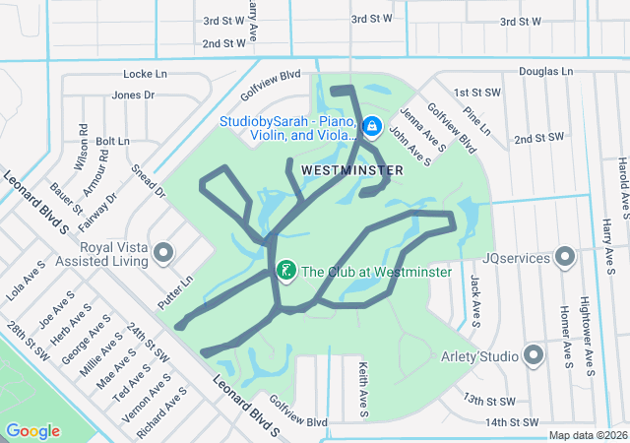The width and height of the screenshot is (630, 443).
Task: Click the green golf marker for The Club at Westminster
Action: point(285,270)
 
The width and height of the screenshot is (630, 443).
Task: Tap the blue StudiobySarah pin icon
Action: point(372,127)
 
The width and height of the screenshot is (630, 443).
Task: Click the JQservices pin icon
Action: point(564,258)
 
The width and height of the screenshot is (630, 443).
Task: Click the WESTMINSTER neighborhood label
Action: point(351,170)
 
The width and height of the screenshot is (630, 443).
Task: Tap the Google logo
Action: point(32,431)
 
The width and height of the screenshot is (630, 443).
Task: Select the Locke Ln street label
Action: point(147,74)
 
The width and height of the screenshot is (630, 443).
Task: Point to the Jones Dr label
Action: point(134,95)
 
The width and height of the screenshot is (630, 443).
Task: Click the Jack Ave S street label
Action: point(475,300)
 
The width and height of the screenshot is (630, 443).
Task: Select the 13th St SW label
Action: point(489,401)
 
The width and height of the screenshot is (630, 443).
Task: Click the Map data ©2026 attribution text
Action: point(587,435)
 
